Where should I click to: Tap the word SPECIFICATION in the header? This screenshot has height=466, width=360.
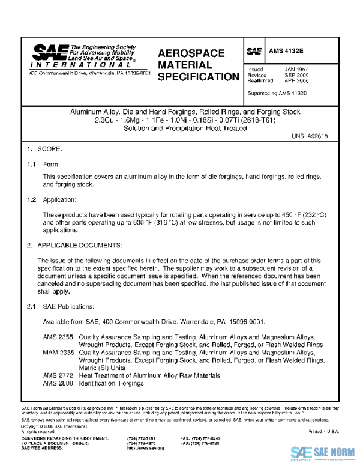pos(197,77)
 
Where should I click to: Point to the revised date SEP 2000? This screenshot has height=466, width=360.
pos(296,75)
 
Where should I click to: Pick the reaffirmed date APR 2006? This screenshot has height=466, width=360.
pos(296,80)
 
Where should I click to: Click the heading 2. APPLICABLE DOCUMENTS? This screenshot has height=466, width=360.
pos(74,246)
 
